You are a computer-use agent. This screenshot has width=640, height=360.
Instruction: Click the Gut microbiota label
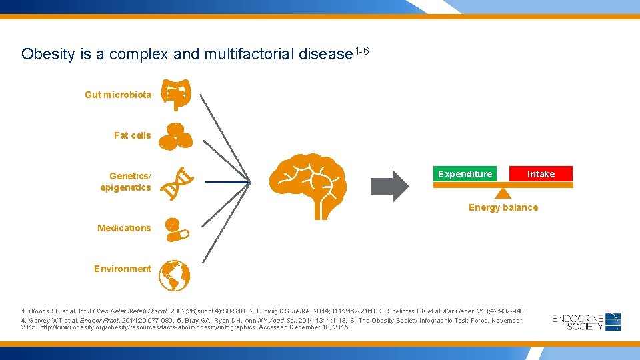118,95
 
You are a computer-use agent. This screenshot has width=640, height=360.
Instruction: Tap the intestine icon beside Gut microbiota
178,95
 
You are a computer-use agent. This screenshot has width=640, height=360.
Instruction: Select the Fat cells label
132,135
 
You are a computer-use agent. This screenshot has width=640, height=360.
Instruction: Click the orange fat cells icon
178,135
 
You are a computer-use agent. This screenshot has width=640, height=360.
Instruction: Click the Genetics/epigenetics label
127,181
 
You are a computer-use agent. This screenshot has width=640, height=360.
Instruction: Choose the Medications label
124,228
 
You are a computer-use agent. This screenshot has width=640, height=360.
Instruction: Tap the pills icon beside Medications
177,228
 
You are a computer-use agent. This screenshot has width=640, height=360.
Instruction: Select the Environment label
123,269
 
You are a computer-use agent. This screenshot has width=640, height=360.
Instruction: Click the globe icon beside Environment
175,275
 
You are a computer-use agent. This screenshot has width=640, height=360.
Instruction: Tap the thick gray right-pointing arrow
389,186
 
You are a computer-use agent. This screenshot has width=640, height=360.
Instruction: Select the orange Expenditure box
465,174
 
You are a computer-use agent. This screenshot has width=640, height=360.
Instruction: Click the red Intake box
541,174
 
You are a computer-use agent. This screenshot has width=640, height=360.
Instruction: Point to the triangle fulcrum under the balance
503,193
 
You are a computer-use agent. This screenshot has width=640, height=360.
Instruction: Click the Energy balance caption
503,207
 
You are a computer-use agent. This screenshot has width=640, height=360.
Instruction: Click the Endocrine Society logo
587,322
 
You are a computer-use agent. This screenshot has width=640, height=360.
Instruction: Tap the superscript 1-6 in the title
362,51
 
